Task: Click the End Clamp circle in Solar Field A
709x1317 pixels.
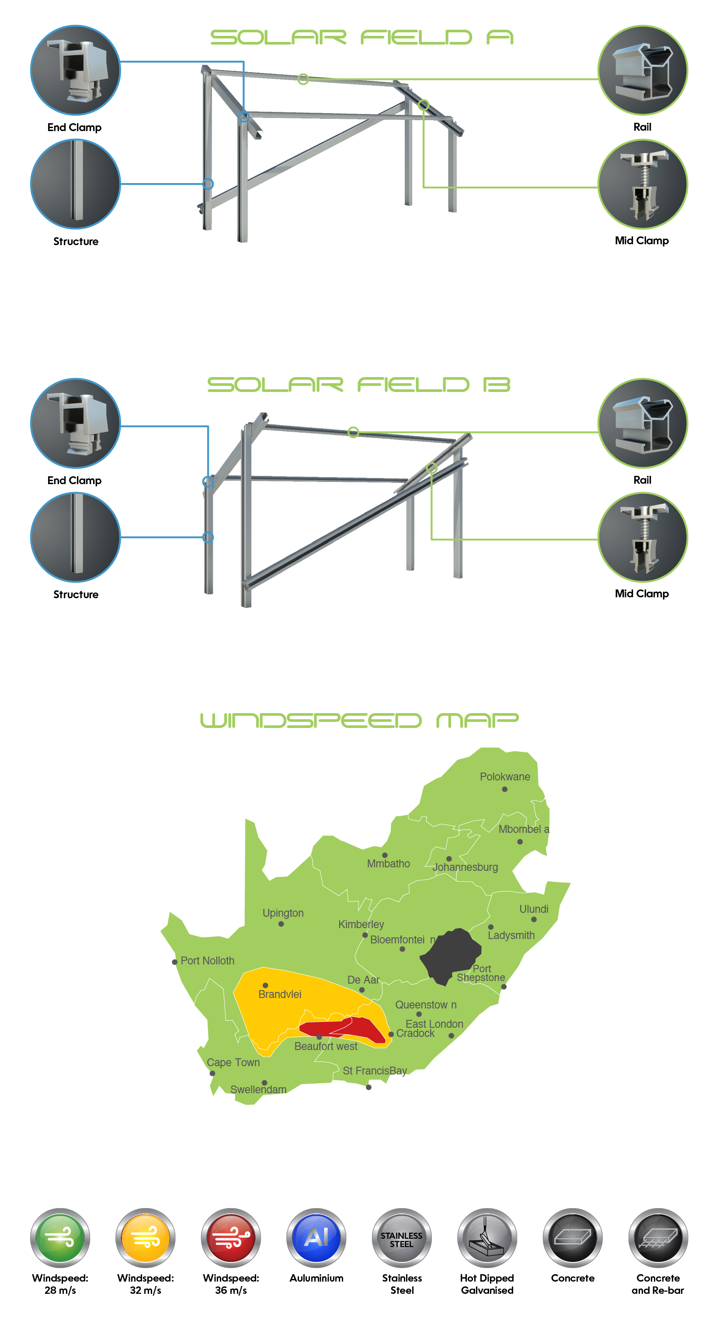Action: [75, 70]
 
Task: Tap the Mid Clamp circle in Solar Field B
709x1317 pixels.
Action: [643, 537]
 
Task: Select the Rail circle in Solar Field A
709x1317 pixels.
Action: [643, 70]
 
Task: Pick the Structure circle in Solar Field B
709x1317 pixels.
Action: [75, 537]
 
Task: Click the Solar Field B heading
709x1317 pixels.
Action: [358, 385]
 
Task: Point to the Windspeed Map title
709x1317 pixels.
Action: [358, 721]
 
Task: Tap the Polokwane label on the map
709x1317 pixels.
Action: [504, 776]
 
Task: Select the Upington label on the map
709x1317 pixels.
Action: [283, 913]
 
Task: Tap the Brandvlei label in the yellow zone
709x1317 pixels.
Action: [279, 994]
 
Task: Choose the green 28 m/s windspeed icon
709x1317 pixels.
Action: [60, 1237]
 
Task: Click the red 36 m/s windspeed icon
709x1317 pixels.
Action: [231, 1237]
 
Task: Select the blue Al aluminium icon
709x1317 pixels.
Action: [316, 1237]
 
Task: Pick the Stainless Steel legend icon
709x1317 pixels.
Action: [402, 1237]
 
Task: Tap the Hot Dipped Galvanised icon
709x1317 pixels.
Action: [487, 1237]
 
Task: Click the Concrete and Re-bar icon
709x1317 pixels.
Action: [658, 1237]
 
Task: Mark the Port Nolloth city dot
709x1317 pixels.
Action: [174, 962]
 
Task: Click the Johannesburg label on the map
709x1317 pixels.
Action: [465, 867]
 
